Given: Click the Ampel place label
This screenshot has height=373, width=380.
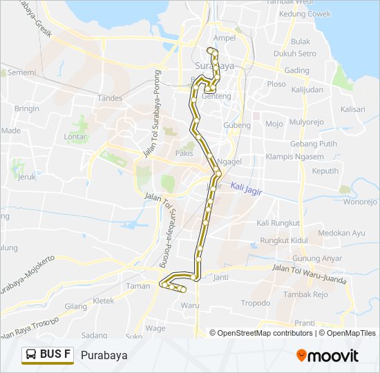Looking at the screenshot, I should coord(225,38).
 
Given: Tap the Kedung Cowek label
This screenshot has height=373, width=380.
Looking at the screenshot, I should coord(305,14).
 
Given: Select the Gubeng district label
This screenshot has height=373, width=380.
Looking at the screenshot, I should coord(237,125).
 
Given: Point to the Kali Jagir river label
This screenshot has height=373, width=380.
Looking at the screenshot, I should coord(247,187).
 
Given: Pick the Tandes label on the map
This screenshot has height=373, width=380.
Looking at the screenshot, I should coord(111,98).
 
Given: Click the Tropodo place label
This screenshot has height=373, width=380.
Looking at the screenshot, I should coord(255,303).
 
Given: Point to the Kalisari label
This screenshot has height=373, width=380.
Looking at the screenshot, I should coord(352,110).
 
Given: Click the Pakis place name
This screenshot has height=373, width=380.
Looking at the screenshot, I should coord(184,153).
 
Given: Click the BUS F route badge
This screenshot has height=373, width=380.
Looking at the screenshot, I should coord(47,355).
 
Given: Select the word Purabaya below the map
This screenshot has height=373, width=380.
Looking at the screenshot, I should coord(104,355).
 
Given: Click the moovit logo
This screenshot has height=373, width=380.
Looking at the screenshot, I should coord(327,356).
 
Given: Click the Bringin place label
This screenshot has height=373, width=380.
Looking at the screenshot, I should coord(27,108).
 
